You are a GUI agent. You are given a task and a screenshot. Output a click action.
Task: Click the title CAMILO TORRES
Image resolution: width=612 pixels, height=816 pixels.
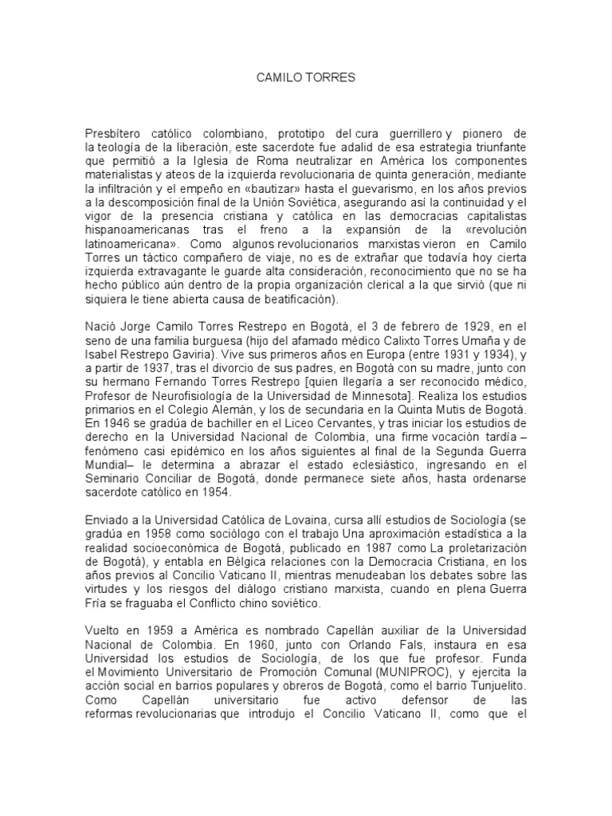[x=306, y=80]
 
